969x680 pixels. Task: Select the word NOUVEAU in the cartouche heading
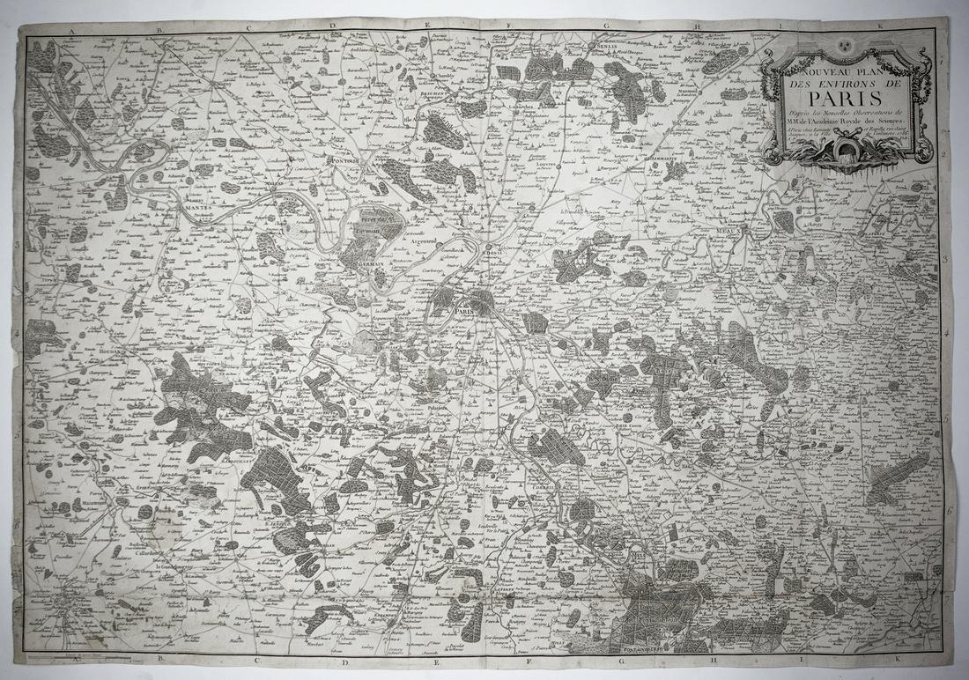point(806,67)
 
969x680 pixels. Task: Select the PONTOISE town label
point(345,161)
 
